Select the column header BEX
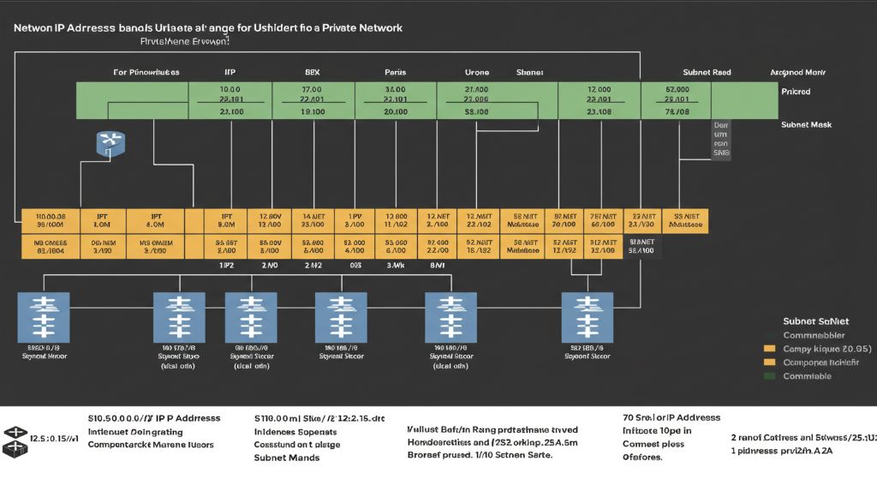click(x=312, y=73)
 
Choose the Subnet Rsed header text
click(x=707, y=73)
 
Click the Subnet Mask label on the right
click(x=806, y=125)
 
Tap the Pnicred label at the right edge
click(x=796, y=91)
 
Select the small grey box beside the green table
click(x=721, y=141)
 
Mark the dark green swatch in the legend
click(x=768, y=375)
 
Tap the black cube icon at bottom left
click(x=15, y=439)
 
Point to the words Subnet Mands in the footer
click(x=287, y=458)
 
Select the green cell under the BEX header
click(x=313, y=100)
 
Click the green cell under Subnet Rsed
click(x=677, y=100)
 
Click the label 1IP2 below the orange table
click(x=227, y=266)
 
